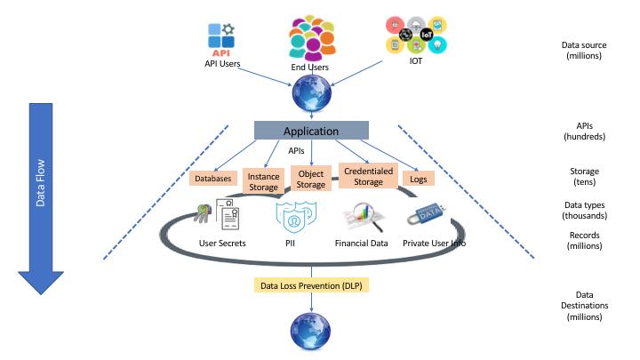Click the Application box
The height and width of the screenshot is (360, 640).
click(311, 130)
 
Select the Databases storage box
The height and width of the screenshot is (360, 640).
click(213, 179)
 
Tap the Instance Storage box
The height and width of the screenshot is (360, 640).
click(264, 181)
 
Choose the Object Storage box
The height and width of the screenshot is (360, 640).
click(310, 179)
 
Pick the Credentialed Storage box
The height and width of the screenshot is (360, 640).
click(368, 176)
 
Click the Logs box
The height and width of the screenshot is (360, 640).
click(419, 179)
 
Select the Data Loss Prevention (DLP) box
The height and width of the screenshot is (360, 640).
click(311, 285)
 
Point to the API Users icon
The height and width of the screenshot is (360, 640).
click(221, 40)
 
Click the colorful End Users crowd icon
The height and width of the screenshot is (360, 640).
click(312, 37)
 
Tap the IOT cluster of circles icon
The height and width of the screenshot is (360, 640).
click(416, 35)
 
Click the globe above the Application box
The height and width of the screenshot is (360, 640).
click(312, 93)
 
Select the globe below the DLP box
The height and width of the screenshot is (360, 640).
click(311, 331)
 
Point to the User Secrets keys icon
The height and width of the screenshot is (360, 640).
click(203, 212)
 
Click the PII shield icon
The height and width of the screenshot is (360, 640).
click(296, 216)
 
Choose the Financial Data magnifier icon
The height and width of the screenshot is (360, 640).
click(364, 217)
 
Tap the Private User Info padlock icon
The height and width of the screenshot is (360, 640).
click(427, 214)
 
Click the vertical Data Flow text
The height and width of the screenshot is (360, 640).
click(40, 182)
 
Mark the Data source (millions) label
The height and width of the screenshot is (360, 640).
click(584, 50)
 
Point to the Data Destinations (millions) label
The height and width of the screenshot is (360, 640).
click(585, 305)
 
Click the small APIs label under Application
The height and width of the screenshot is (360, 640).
click(296, 150)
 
